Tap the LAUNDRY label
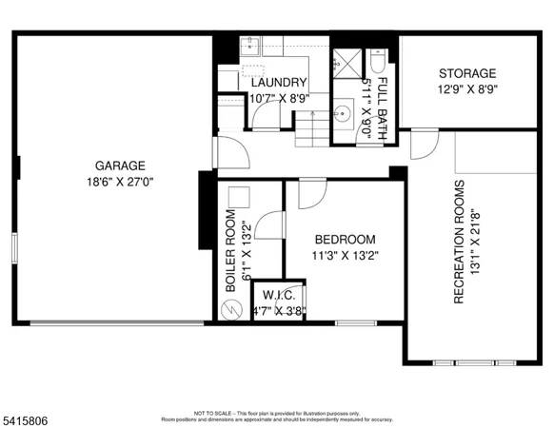coord(278,83)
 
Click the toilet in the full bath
coord(378,62)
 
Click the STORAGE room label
coord(466,73)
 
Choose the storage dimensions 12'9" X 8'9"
coord(466,90)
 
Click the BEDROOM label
coord(345,240)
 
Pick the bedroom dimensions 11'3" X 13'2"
coord(345,255)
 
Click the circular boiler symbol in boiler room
coord(228,310)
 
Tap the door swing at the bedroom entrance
coord(309,193)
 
